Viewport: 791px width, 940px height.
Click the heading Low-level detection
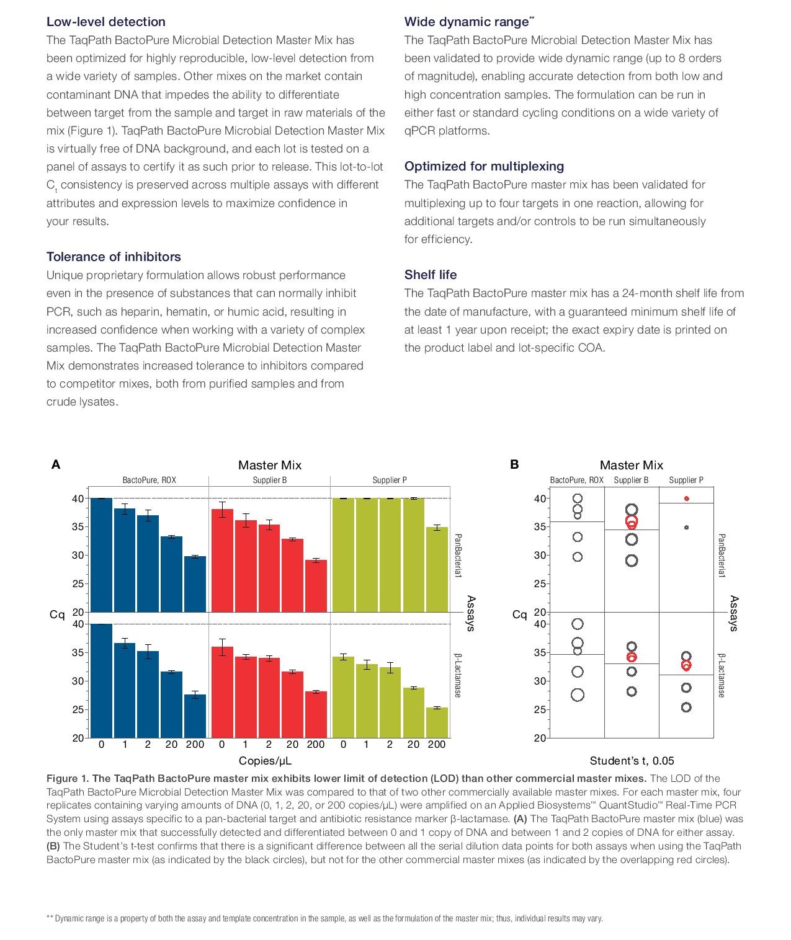pyautogui.click(x=105, y=22)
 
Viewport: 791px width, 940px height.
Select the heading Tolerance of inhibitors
pyautogui.click(x=114, y=257)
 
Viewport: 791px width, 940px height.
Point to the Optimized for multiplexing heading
pyautogui.click(x=484, y=166)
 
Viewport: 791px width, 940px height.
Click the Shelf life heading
pyautogui.click(x=431, y=275)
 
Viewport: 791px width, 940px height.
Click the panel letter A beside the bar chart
pyautogui.click(x=55, y=464)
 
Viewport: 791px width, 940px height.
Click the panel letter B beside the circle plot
pyautogui.click(x=514, y=464)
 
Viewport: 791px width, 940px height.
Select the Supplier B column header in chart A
pyautogui.click(x=269, y=480)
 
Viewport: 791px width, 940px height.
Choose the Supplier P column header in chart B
pyautogui.click(x=686, y=480)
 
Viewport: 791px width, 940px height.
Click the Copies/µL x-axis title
pyautogui.click(x=265, y=761)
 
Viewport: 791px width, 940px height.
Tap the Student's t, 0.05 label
pyautogui.click(x=632, y=761)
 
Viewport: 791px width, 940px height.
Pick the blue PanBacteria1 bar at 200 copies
pyautogui.click(x=195, y=584)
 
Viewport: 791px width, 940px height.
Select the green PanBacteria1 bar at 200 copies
pyautogui.click(x=437, y=569)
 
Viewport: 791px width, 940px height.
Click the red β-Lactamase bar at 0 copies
pyautogui.click(x=222, y=692)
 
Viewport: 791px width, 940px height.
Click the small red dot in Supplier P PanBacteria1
pyautogui.click(x=686, y=499)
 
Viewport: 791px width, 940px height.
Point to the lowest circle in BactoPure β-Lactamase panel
pyautogui.click(x=577, y=695)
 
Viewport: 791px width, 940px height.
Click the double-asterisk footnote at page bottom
pyautogui.click(x=324, y=918)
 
